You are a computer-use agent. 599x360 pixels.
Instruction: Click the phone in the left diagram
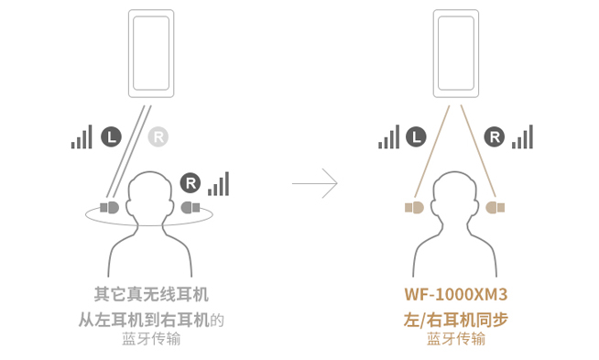coord(151,52)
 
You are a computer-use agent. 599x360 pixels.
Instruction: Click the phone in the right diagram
coord(456,52)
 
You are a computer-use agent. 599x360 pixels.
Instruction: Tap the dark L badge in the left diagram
coord(111,137)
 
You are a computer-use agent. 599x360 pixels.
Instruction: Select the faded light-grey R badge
coord(158,137)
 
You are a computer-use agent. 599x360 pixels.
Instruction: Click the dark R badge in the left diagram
coord(191,183)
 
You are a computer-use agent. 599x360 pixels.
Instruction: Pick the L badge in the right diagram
coord(416,137)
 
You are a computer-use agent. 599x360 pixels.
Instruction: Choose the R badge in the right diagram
coord(495,137)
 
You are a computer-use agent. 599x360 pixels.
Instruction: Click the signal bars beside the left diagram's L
coord(82,137)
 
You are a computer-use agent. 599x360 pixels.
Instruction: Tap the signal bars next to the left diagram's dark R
coord(219,183)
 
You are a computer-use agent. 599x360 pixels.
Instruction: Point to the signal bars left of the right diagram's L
coord(388,137)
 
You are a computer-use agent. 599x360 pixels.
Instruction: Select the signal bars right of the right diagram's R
coord(523,137)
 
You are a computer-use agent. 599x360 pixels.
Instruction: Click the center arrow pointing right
coord(315,184)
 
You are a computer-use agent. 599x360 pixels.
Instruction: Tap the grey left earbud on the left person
coord(110,208)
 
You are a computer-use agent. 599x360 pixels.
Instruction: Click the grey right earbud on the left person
coord(191,208)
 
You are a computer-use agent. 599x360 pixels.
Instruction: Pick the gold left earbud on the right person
coord(414,208)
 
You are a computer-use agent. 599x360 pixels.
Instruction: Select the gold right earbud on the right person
coord(496,208)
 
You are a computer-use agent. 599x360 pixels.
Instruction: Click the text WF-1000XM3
coord(455,295)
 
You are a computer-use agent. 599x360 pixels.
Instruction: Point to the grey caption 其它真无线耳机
coord(151,295)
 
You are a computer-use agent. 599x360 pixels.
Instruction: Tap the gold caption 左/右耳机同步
coord(455,320)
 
